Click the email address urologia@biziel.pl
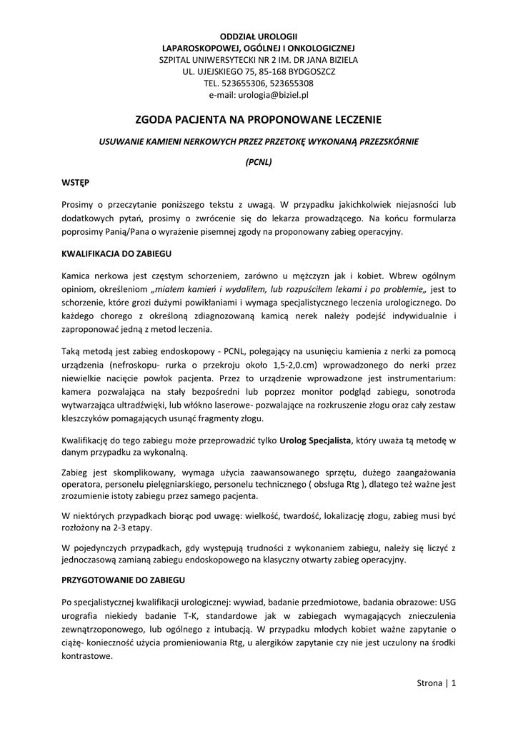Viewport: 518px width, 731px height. pyautogui.click(x=273, y=94)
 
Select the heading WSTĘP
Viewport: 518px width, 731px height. pyautogui.click(x=75, y=183)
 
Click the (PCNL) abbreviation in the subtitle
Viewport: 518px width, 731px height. pyautogui.click(x=259, y=162)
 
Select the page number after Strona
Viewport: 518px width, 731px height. pyautogui.click(x=453, y=683)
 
